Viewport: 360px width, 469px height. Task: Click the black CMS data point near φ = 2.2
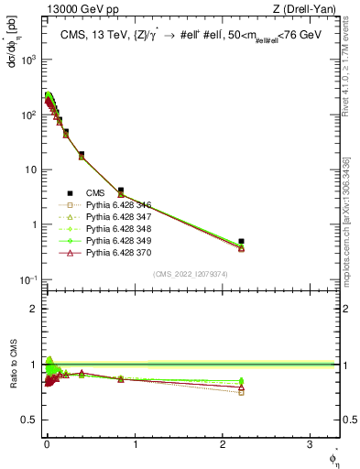[x=241, y=242]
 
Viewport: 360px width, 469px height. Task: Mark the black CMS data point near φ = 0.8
[x=120, y=191]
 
